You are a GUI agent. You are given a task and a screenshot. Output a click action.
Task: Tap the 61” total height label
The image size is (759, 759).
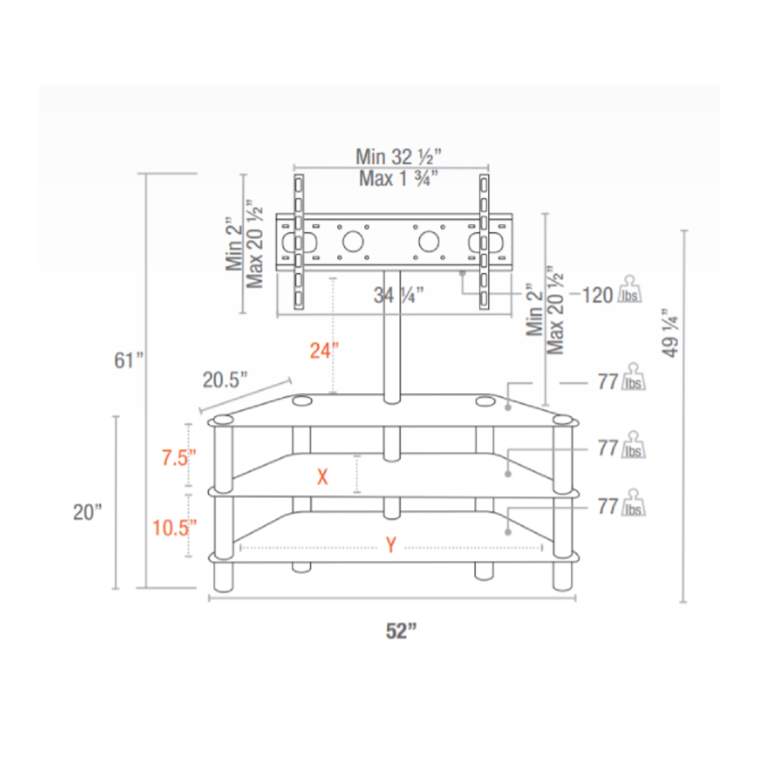[x=129, y=360]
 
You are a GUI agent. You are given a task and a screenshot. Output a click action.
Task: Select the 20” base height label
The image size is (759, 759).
[x=87, y=512]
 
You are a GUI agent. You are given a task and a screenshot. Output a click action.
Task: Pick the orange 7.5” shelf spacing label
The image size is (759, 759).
[x=179, y=458]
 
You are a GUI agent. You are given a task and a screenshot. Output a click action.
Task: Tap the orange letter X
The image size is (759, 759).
[x=323, y=477]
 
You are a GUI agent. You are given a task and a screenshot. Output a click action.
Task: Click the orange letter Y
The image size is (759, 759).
[x=390, y=546]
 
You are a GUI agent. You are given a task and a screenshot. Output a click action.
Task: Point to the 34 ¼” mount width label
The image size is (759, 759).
[x=398, y=296]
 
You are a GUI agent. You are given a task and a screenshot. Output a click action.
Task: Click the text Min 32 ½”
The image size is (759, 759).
[x=398, y=157]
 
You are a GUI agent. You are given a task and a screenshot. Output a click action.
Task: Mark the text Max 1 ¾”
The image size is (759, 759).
[x=399, y=179]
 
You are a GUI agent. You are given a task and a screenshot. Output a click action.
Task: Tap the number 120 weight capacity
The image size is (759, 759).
[x=597, y=295]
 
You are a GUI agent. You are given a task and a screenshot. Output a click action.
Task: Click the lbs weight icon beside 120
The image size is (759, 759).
[x=632, y=290]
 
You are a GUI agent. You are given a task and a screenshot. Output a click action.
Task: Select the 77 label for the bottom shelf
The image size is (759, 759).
[x=607, y=506]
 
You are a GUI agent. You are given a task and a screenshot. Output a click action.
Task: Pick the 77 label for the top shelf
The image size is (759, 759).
[x=607, y=382]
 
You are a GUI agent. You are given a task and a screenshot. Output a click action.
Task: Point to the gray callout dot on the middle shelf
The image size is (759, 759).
[x=507, y=474]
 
